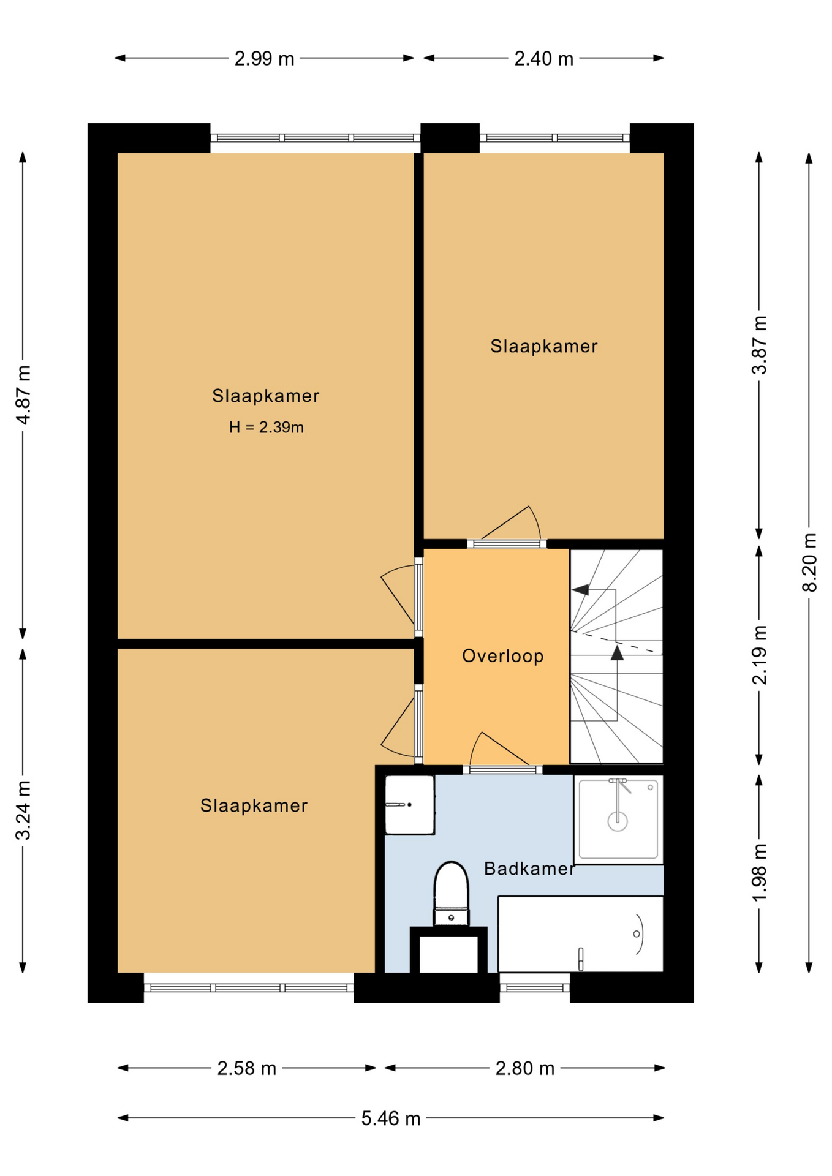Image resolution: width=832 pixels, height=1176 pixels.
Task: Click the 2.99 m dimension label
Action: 264,59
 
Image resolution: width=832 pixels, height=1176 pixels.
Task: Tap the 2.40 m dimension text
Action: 543,59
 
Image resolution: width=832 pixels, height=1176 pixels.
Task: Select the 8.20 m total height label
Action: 809,562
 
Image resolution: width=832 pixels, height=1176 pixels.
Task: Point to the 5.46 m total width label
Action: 390,1118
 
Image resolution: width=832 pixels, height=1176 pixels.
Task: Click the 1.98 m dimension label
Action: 760,873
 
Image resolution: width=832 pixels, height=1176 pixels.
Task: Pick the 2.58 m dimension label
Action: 247,1068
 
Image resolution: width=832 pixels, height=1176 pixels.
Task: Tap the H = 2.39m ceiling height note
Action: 267,428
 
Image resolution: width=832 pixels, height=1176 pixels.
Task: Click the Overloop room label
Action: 503,656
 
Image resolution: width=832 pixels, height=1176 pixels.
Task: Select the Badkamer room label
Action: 529,869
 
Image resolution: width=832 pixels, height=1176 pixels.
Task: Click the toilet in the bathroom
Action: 451,894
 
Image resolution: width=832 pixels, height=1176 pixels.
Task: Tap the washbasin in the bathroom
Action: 409,804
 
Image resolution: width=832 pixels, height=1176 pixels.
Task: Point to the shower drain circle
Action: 618,821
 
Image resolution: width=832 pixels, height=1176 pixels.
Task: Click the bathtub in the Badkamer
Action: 580,934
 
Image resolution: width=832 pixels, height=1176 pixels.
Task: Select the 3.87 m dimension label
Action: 760,345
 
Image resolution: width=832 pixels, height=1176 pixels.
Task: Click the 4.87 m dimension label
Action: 23,395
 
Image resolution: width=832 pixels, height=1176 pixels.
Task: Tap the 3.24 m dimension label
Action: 23,810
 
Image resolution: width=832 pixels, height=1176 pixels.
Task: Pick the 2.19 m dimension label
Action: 760,655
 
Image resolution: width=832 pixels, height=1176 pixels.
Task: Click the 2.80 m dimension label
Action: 525,1068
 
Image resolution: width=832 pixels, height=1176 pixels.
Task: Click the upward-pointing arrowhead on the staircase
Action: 617,652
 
